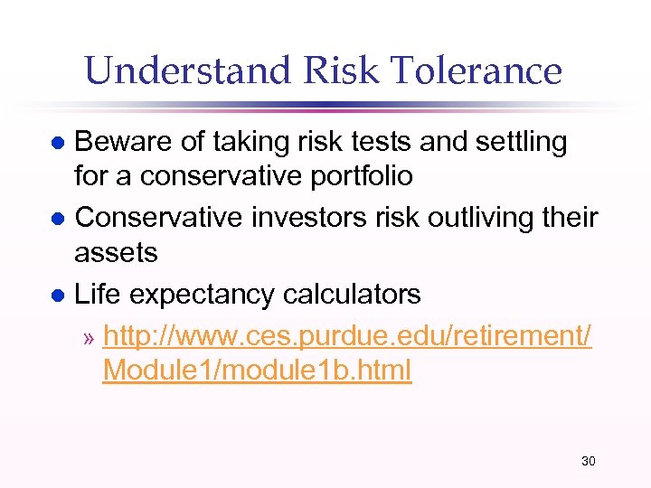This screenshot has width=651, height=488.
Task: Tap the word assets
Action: (115, 252)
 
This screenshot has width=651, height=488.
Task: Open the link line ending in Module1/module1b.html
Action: (257, 370)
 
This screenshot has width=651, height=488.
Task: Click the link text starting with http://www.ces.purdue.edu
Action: (347, 336)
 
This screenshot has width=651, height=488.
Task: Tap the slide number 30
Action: (588, 462)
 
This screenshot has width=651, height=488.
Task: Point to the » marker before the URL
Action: (88, 339)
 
